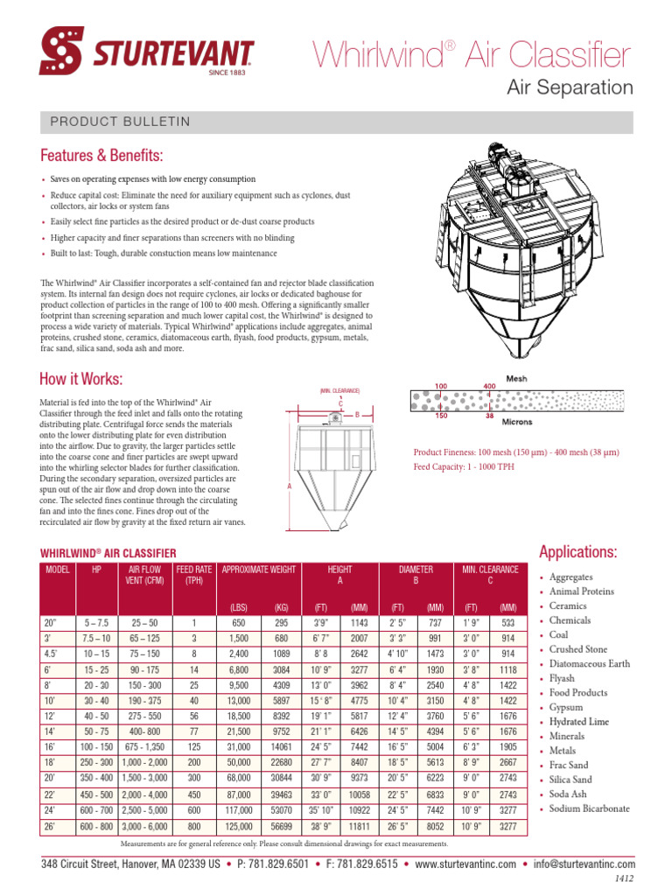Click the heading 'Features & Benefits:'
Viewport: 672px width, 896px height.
[102, 156]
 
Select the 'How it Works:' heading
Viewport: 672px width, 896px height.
[81, 379]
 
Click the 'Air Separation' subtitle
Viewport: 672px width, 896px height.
[570, 87]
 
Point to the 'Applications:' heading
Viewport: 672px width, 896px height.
[578, 552]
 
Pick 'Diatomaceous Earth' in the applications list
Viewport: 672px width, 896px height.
[589, 664]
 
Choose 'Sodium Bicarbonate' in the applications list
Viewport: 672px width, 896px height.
[589, 808]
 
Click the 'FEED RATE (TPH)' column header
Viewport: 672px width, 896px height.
[194, 574]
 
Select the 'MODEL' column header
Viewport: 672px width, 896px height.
[58, 570]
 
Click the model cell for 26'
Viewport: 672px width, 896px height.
[50, 827]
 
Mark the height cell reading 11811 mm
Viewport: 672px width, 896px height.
[360, 827]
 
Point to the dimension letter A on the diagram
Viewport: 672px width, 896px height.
[288, 485]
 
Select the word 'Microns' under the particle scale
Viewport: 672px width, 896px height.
[516, 420]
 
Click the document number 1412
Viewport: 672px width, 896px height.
[625, 878]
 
